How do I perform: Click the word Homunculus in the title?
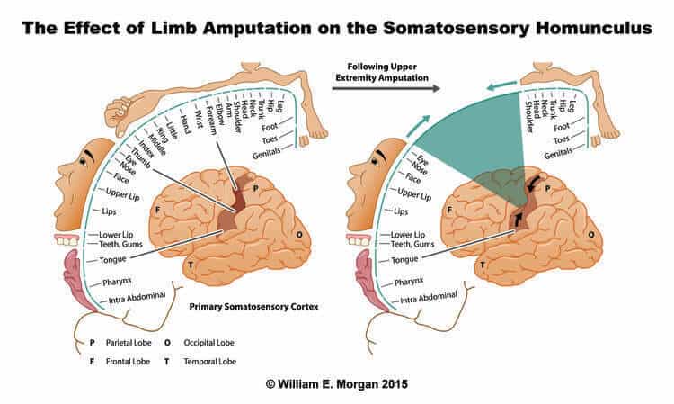pyautogui.click(x=594, y=29)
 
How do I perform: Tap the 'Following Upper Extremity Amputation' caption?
pyautogui.click(x=382, y=72)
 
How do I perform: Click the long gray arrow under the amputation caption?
pyautogui.click(x=386, y=89)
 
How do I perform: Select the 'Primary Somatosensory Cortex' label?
pyautogui.click(x=253, y=307)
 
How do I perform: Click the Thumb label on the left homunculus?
pyautogui.click(x=140, y=157)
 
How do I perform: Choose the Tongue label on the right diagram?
pyautogui.click(x=404, y=260)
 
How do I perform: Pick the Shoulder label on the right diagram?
pyautogui.click(x=529, y=117)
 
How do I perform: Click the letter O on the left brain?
pyautogui.click(x=299, y=235)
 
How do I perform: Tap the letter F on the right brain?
pyautogui.click(x=449, y=210)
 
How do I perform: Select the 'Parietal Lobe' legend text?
pyautogui.click(x=129, y=343)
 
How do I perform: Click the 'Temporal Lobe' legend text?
pyautogui.click(x=209, y=362)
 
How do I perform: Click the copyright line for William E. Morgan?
pyautogui.click(x=337, y=384)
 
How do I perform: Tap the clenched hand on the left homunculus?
pyautogui.click(x=119, y=111)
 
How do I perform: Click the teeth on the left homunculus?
pyautogui.click(x=67, y=240)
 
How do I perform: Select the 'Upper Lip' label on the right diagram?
pyautogui.click(x=414, y=194)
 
